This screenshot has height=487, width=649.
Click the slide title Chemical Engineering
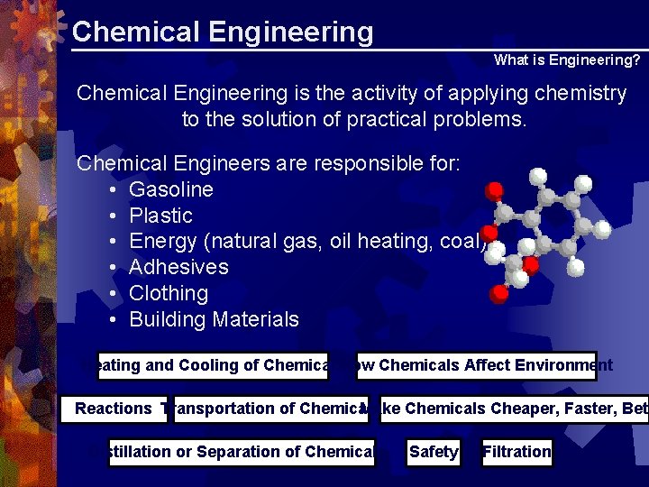pos(222,32)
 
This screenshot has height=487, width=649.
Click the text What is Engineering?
pos(567,60)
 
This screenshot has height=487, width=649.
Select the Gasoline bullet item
pos(171,189)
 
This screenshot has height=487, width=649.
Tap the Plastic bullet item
pos(160,216)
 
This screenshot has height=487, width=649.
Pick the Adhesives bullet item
pos(178,267)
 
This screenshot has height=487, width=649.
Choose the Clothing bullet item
pos(169,293)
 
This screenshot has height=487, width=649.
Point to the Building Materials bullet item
pos(214,319)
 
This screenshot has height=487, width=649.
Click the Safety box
pos(433,452)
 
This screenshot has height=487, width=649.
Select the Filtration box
pos(516,452)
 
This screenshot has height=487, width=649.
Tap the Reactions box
pos(114,409)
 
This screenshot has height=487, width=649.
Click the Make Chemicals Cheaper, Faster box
pos(509,409)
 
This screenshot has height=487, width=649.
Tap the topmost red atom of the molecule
pos(494,190)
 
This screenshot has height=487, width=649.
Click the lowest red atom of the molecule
pos(498,293)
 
